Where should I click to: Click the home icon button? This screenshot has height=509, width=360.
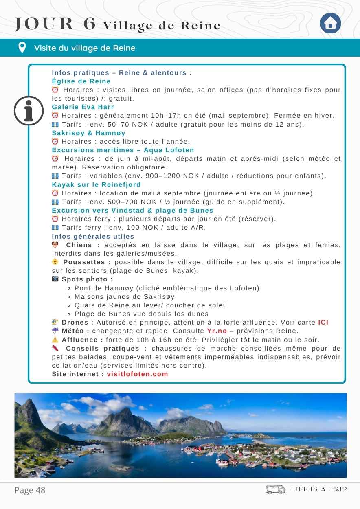[330, 24]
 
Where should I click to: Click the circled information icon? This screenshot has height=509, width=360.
[29, 111]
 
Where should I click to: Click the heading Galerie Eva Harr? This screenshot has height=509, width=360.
[83, 107]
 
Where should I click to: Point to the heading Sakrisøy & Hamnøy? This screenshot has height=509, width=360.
[88, 133]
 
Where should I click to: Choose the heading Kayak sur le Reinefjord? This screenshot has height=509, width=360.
[96, 184]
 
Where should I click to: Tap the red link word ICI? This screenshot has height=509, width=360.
[323, 323]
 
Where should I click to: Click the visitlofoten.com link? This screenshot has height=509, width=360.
[137, 374]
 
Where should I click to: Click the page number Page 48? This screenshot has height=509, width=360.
[30, 490]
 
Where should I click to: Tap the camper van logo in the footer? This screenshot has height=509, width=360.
[275, 489]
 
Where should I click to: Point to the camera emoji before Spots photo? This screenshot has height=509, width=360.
[55, 279]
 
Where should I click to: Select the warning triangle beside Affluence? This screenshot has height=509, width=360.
[55, 340]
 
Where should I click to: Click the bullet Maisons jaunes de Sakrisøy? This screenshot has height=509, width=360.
[124, 296]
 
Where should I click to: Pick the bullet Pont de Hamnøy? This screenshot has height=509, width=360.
[167, 288]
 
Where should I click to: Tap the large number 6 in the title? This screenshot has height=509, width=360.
[89, 24]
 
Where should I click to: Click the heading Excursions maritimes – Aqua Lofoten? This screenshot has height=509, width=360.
[123, 150]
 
